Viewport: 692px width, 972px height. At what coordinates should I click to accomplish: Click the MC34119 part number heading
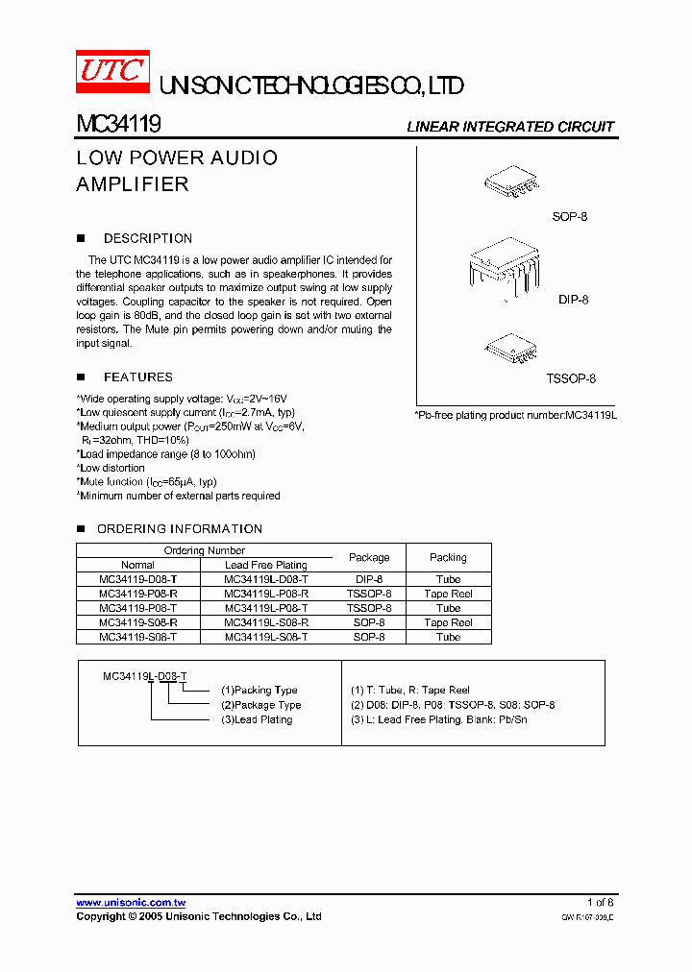pyautogui.click(x=118, y=125)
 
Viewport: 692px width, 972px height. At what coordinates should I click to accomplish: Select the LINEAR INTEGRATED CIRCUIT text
pyautogui.click(x=509, y=127)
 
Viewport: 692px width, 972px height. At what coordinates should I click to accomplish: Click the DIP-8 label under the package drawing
pyautogui.click(x=573, y=300)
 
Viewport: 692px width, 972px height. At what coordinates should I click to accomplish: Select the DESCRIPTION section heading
pyautogui.click(x=147, y=238)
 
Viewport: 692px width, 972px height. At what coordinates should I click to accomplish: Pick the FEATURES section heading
pyautogui.click(x=137, y=377)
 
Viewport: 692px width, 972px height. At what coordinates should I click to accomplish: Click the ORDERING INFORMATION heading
pyautogui.click(x=179, y=529)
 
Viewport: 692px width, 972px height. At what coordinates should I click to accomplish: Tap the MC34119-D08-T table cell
pyautogui.click(x=137, y=579)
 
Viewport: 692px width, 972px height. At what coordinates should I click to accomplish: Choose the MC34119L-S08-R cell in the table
pyautogui.click(x=265, y=622)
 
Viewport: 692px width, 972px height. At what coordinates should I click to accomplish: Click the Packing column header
pyautogui.click(x=448, y=557)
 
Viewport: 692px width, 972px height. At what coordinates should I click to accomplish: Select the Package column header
pyautogui.click(x=369, y=557)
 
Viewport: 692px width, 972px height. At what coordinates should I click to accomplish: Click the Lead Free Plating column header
pyautogui.click(x=265, y=565)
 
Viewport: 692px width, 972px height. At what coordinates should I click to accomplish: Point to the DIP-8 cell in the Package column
pyautogui.click(x=369, y=579)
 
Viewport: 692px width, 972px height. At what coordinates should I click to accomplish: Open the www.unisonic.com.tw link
pyautogui.click(x=131, y=903)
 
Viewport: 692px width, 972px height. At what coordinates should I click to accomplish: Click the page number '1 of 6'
pyautogui.click(x=600, y=902)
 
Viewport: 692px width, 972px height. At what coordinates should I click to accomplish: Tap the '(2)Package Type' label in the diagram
pyautogui.click(x=260, y=705)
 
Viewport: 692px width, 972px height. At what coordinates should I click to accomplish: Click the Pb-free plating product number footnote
pyautogui.click(x=514, y=415)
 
